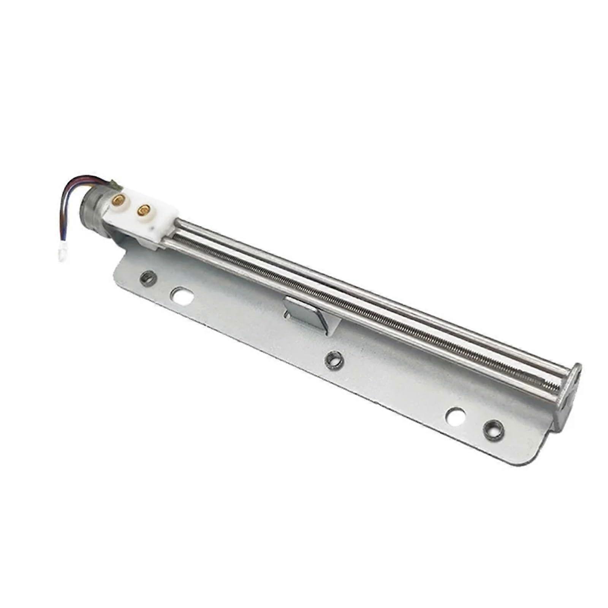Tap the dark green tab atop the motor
pos(116,185)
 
